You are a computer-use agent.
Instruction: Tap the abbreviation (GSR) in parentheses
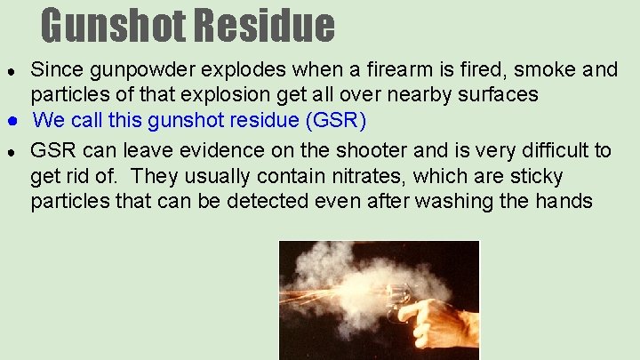click(x=333, y=120)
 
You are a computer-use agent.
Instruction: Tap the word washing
click(x=457, y=201)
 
